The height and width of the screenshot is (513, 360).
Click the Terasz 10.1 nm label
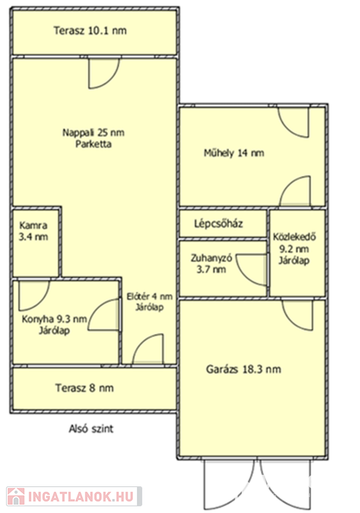tap(90, 31)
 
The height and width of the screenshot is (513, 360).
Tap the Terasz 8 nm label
tap(84, 388)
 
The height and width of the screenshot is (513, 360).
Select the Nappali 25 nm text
tap(94, 132)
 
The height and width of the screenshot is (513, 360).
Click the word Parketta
tap(94, 144)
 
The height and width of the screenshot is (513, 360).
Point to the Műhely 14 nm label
tap(234, 153)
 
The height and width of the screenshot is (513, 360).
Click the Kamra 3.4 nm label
tap(33, 231)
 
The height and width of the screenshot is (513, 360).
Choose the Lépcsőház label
tap(218, 224)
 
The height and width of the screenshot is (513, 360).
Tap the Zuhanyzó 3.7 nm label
tap(212, 264)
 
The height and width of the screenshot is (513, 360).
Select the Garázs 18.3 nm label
tap(244, 369)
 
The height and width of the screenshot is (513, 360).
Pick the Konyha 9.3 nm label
tap(54, 319)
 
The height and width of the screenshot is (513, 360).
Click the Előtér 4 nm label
tap(150, 297)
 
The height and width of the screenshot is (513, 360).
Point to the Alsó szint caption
tap(91, 429)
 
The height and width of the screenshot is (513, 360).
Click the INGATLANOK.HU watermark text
tap(81, 496)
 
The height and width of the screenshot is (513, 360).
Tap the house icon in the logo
tap(16, 496)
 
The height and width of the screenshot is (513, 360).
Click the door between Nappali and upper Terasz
tap(104, 73)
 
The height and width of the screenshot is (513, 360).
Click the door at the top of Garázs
tap(297, 315)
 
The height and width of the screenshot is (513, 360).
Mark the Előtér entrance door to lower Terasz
tap(148, 349)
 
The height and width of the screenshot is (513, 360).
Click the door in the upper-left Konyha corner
tap(34, 295)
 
